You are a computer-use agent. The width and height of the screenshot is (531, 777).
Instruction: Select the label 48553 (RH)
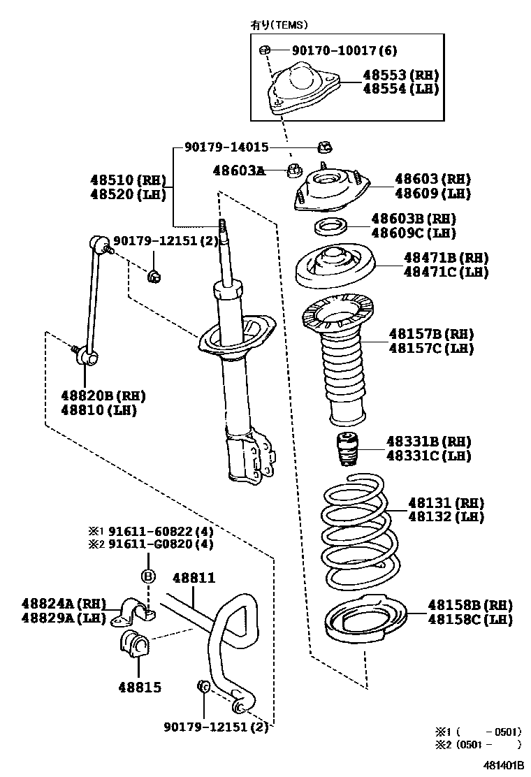(x=400, y=75)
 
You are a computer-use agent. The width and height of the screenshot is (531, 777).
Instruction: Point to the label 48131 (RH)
(x=445, y=502)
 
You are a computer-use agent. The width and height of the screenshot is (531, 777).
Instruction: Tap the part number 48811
(x=194, y=579)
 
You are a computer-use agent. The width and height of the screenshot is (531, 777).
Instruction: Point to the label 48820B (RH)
(x=103, y=395)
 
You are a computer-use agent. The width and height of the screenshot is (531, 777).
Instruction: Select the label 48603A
(x=238, y=170)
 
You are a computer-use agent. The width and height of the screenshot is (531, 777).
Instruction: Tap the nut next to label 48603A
(x=295, y=169)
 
